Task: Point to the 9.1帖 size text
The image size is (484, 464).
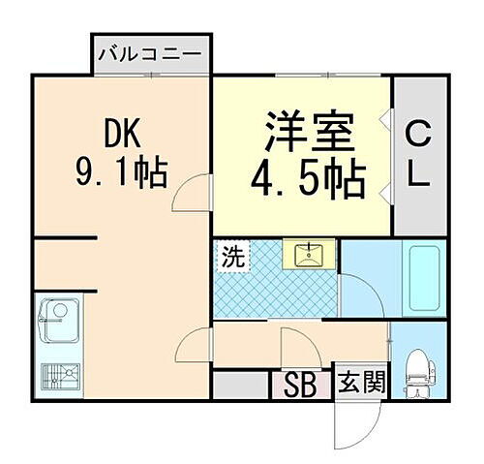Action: [x=122, y=174]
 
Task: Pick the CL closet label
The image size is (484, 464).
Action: [x=418, y=152]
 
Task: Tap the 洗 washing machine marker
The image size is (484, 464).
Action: [x=232, y=259]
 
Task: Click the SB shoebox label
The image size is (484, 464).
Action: [x=302, y=384]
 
